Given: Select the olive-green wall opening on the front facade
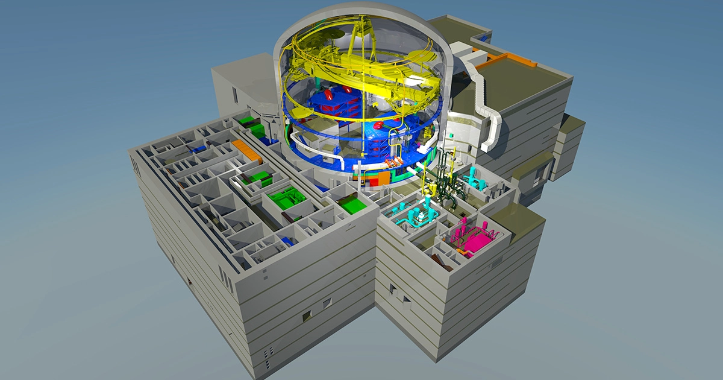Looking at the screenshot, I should click(x=307, y=314).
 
